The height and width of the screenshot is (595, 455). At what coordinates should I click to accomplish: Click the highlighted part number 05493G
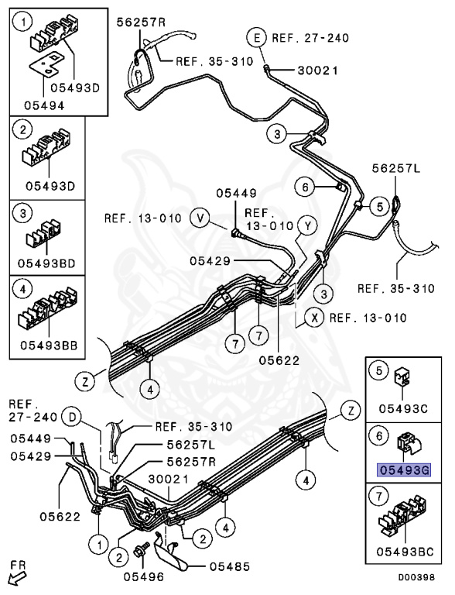[x=403, y=470]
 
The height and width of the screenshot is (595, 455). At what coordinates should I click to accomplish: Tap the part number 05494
[x=44, y=105]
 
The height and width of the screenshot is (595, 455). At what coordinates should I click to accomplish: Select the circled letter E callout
[x=258, y=37]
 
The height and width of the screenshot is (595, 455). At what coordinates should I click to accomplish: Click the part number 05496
[x=143, y=576]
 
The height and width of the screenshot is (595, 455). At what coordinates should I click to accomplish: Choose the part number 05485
[x=230, y=566]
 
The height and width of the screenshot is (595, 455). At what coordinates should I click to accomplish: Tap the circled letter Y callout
[x=307, y=225]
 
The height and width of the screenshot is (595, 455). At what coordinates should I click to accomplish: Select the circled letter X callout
[x=314, y=317]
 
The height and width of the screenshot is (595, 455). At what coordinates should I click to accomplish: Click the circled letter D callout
[x=73, y=417]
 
